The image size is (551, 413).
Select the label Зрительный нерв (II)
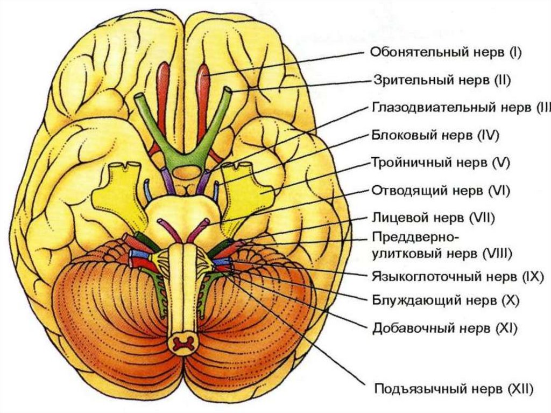pyautogui.click(x=441, y=80)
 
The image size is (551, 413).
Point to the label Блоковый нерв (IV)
pyautogui.click(x=435, y=135)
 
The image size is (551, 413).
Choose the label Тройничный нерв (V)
pyautogui.click(x=440, y=162)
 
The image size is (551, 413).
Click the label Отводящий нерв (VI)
pyautogui.click(x=441, y=190)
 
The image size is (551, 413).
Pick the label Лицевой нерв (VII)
pyautogui.click(x=433, y=218)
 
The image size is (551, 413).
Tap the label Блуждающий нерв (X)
pyautogui.click(x=445, y=300)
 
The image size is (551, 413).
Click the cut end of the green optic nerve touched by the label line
pyautogui.click(x=229, y=93)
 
